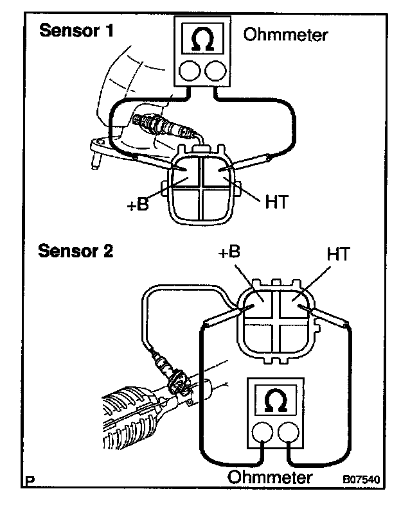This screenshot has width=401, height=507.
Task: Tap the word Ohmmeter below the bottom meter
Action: (271, 477)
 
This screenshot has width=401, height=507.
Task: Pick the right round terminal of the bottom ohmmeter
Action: (289, 435)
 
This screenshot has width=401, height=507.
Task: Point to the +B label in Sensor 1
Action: (139, 206)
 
